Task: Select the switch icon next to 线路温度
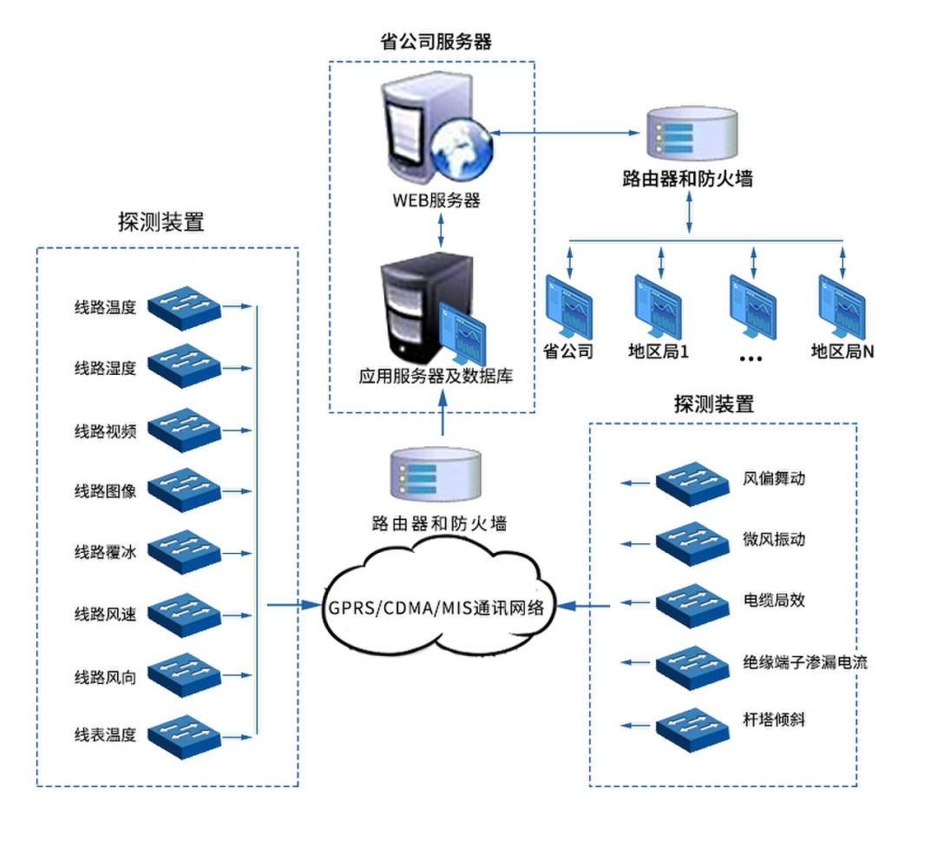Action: pyautogui.click(x=185, y=307)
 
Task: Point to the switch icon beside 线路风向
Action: pyautogui.click(x=185, y=673)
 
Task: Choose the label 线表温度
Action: pyautogui.click(x=105, y=734)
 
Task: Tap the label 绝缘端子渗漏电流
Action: pyautogui.click(x=805, y=662)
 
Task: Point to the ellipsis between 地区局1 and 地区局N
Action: pyautogui.click(x=751, y=357)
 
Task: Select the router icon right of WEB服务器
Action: pyautogui.click(x=692, y=135)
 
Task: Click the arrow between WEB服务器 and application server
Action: pyautogui.click(x=442, y=229)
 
